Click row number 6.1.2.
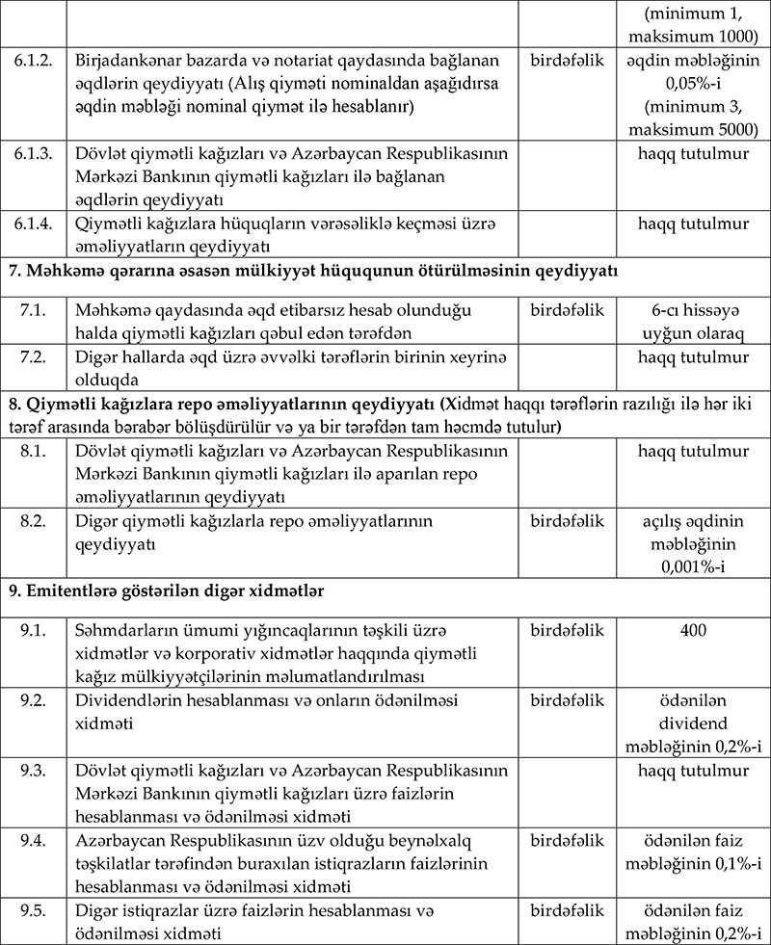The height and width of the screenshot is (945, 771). (x=34, y=61)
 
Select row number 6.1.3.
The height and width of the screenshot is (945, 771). (x=34, y=154)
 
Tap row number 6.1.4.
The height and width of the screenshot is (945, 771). (x=34, y=224)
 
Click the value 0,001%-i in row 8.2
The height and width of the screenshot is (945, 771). (x=692, y=567)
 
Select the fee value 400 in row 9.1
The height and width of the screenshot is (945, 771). (x=692, y=630)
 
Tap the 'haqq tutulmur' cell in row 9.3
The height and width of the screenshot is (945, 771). (x=692, y=771)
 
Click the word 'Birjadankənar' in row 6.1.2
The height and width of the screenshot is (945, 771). (x=126, y=61)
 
